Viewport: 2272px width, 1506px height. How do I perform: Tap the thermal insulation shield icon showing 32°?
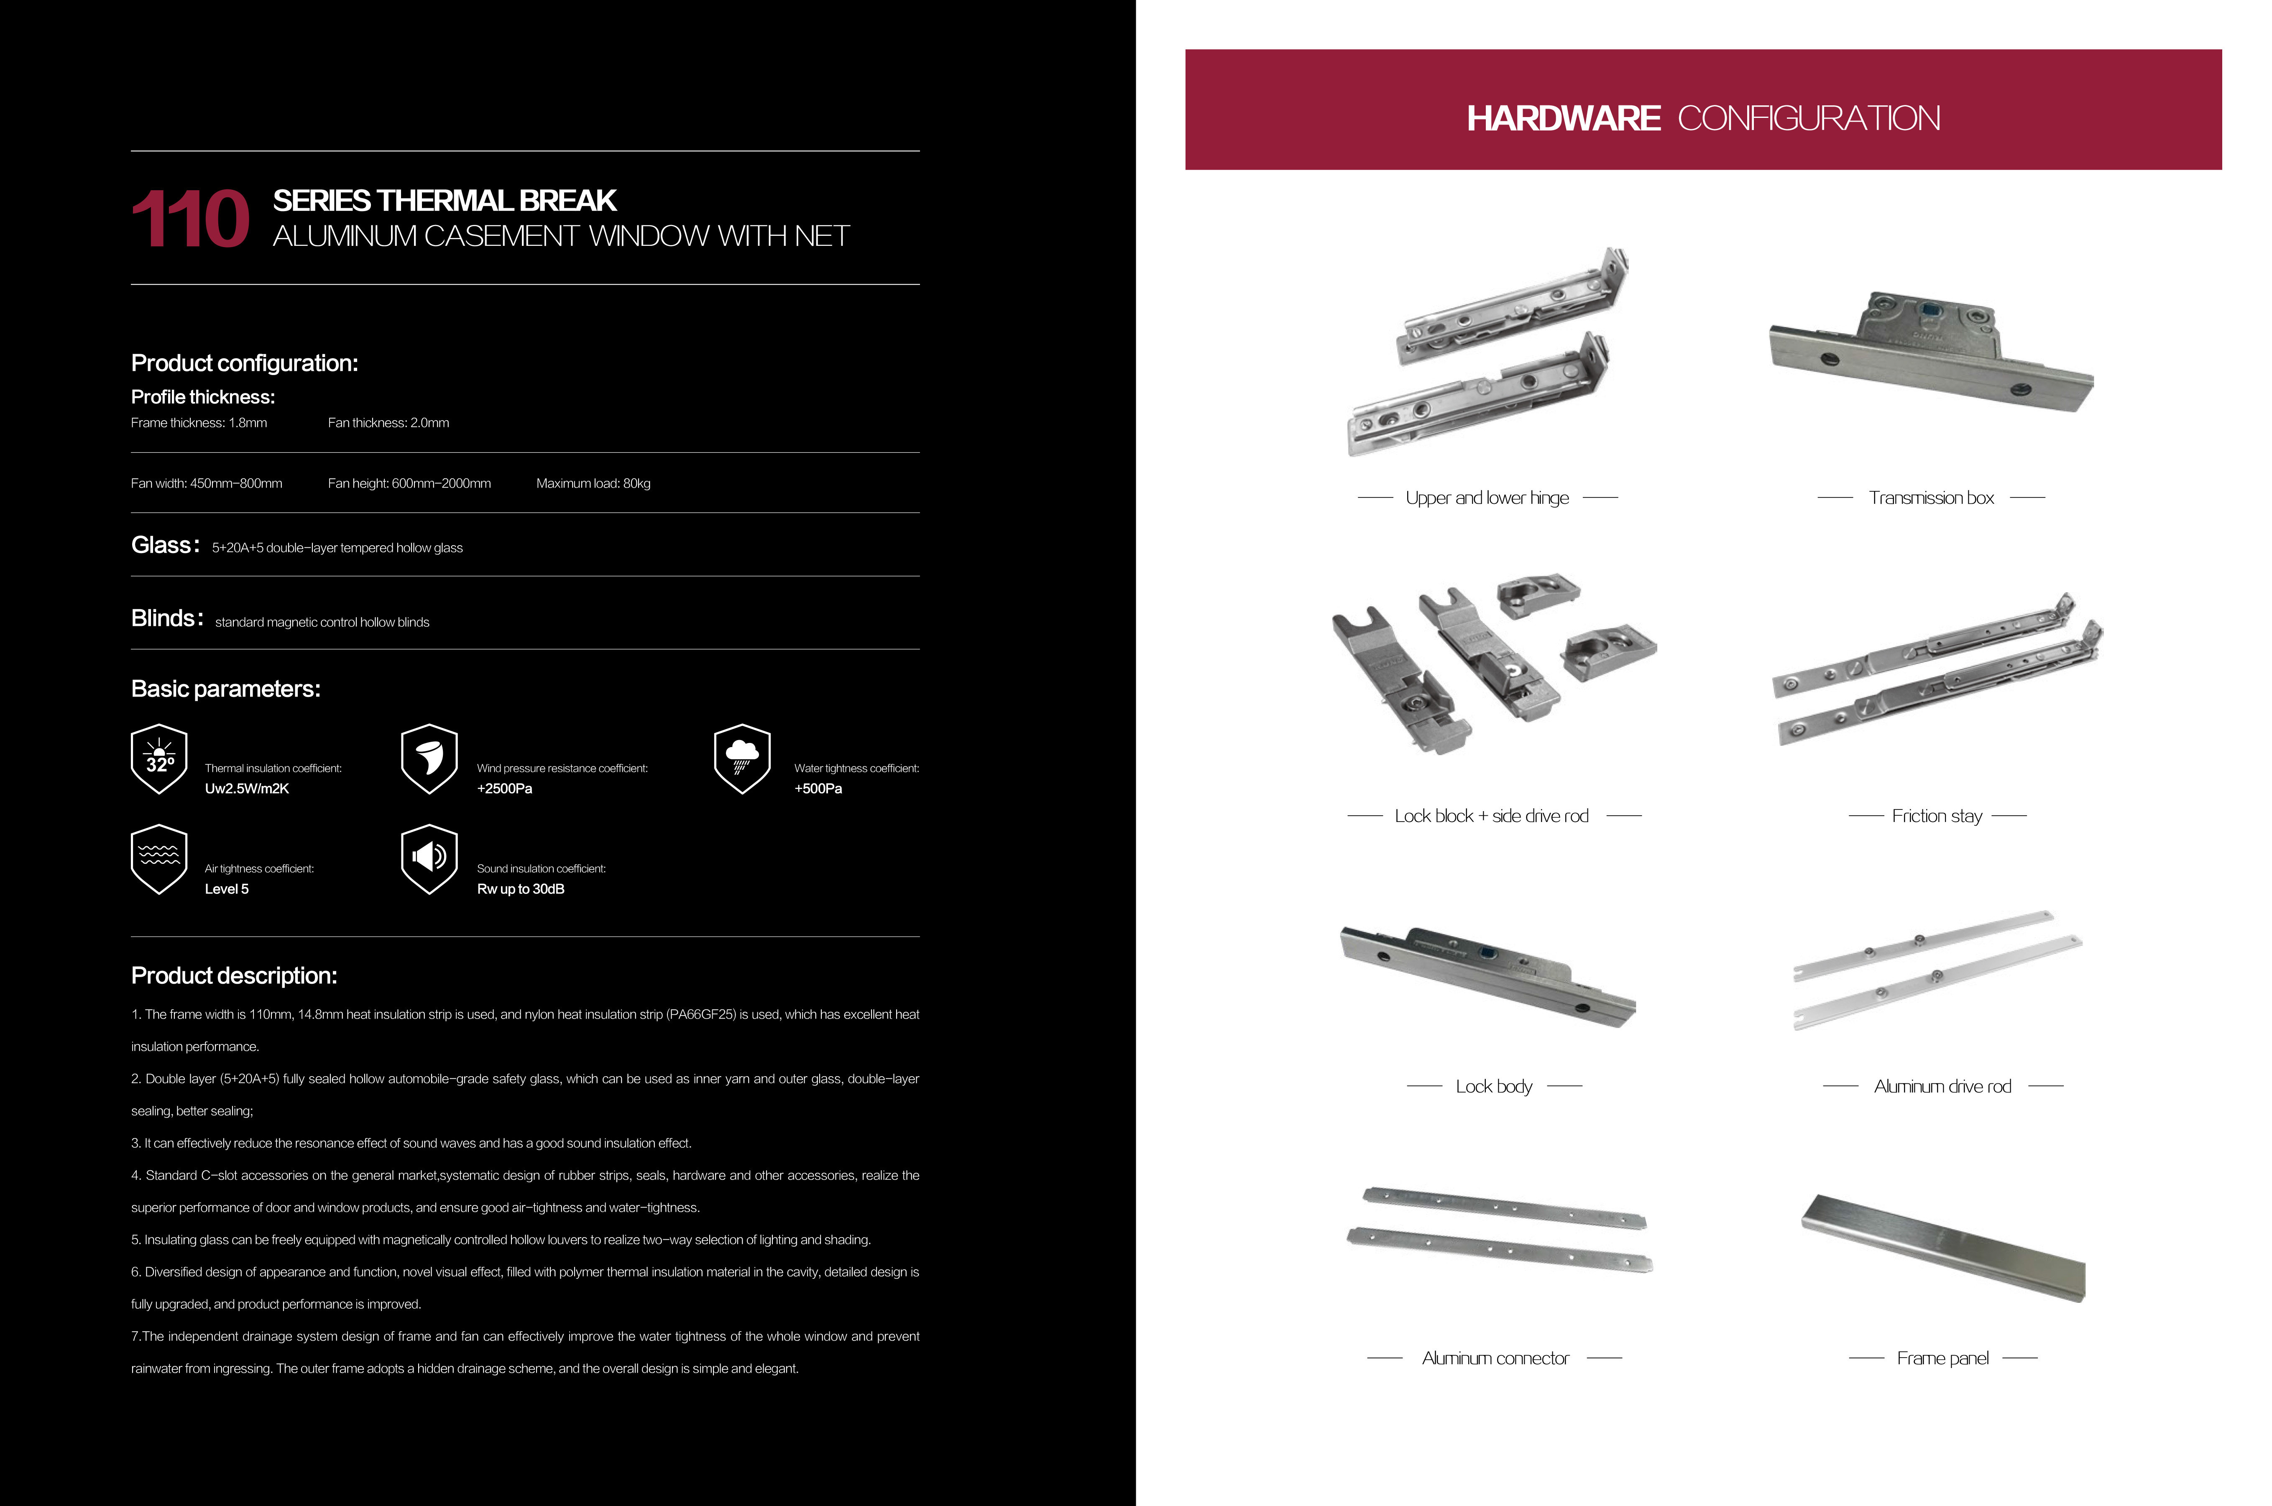tap(158, 759)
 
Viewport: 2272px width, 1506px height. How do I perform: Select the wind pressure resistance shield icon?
tap(429, 759)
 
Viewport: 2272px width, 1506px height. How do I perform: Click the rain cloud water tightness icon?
tap(741, 759)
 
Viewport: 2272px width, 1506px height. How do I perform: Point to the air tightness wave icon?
tap(158, 859)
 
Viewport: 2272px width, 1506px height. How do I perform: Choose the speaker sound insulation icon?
tap(429, 859)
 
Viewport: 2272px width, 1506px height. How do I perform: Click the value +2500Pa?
tap(504, 789)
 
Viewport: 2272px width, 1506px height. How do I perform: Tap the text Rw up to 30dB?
tap(521, 889)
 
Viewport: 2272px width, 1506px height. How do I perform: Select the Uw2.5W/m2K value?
tap(247, 789)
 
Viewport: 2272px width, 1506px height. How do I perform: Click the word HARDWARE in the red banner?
tap(1563, 118)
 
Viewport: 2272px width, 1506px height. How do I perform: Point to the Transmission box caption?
tap(1931, 498)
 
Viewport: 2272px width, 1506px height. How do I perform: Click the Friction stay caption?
tap(1937, 815)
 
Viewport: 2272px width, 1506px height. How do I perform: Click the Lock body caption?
tap(1494, 1086)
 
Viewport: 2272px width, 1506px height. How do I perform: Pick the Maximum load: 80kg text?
tap(593, 483)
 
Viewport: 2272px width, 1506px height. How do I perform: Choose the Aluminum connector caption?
tap(1495, 1358)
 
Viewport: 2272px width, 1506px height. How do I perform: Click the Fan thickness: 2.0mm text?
tap(388, 423)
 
